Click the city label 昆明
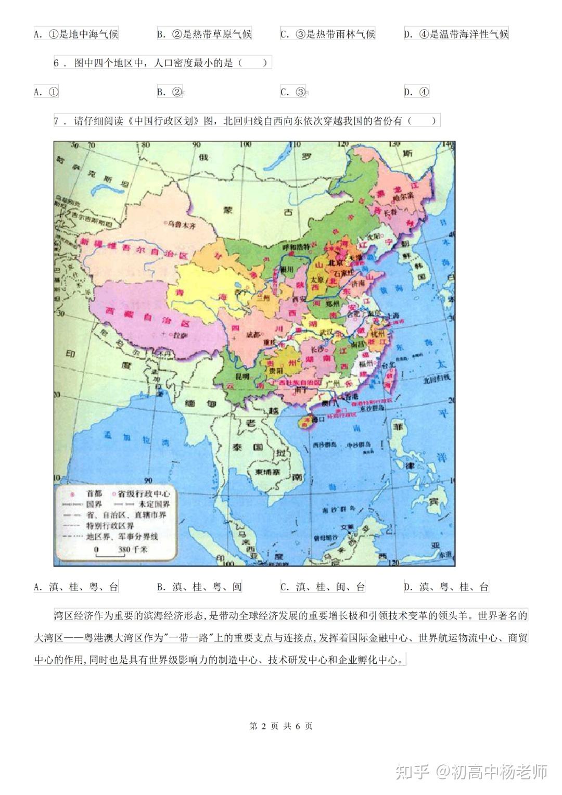tap(243, 375)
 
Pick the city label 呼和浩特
tap(295, 246)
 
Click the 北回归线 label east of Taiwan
tap(437, 380)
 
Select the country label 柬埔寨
tap(267, 472)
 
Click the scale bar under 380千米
tap(110, 556)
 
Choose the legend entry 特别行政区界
tap(110, 526)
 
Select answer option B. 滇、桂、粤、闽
tap(199, 587)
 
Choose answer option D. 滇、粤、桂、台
tap(446, 587)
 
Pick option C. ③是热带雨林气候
tap(328, 34)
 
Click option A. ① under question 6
tap(46, 92)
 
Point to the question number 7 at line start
tap(57, 121)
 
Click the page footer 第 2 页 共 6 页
tap(281, 726)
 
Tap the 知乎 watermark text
tap(412, 771)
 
